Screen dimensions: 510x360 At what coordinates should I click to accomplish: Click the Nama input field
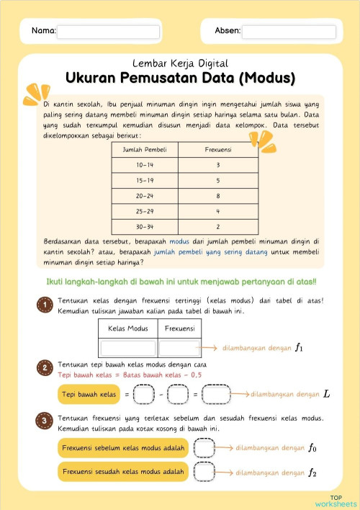(108, 32)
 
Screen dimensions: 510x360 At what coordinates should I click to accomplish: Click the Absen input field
(289, 32)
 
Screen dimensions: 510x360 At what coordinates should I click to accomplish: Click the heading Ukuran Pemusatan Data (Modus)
(180, 78)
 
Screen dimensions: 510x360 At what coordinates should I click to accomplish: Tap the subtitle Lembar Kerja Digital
(180, 63)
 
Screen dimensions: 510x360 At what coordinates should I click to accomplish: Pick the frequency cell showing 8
(217, 196)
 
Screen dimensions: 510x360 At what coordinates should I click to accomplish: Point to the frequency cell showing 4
(217, 211)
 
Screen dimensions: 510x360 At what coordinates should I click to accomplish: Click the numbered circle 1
(43, 305)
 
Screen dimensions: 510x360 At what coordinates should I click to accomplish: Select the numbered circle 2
(43, 370)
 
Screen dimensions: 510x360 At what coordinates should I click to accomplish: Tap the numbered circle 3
(43, 419)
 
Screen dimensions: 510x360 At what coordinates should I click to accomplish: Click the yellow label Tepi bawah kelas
(88, 395)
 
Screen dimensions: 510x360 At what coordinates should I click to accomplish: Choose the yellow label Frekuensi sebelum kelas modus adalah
(122, 448)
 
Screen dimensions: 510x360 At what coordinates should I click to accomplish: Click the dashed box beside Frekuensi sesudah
(205, 473)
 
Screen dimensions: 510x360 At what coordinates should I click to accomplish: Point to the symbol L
(326, 395)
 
